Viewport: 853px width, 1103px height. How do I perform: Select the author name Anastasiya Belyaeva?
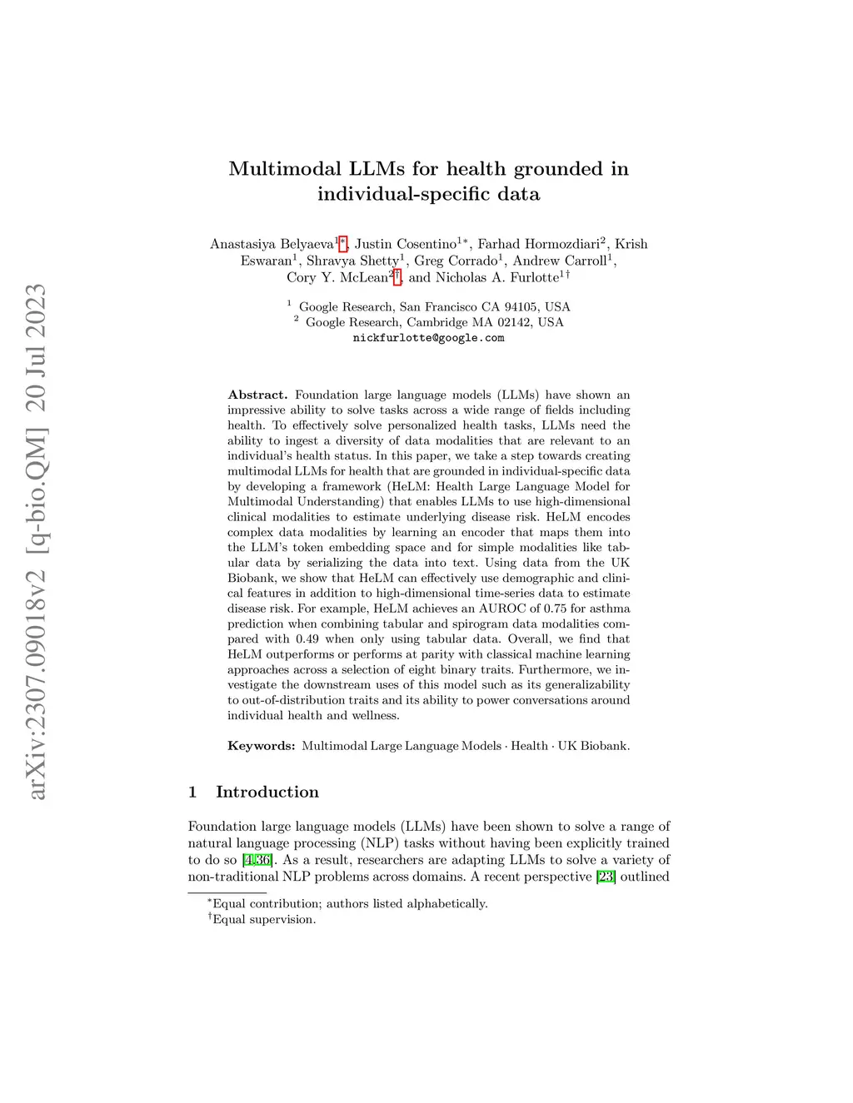[272, 244]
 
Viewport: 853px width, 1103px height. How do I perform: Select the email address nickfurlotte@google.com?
[428, 338]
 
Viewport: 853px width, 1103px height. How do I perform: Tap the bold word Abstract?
[257, 395]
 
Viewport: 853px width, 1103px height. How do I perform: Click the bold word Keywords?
[262, 746]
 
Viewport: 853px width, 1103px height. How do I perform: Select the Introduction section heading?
[267, 792]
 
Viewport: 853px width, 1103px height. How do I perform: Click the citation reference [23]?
[606, 877]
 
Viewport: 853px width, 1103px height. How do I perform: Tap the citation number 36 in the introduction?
[263, 860]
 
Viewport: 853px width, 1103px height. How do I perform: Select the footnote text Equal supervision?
[264, 919]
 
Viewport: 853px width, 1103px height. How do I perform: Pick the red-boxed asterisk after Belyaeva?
[342, 243]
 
